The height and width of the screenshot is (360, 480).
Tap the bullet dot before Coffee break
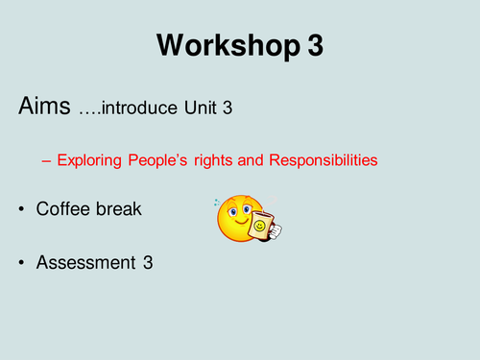click(22, 208)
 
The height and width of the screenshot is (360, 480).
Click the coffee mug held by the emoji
click(261, 227)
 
